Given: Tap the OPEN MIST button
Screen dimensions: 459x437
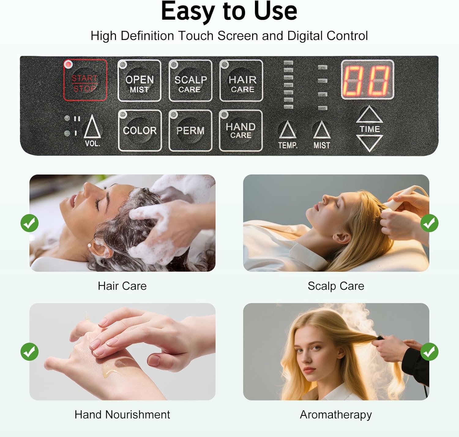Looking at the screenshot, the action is click(139, 81).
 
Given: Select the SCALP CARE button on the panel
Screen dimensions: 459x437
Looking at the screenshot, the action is click(190, 81).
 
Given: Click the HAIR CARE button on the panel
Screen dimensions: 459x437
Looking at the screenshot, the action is click(241, 81).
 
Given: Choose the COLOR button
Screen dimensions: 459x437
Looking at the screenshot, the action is click(140, 131).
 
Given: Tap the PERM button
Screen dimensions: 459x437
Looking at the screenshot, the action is click(190, 131).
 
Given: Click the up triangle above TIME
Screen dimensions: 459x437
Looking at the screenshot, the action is click(369, 114).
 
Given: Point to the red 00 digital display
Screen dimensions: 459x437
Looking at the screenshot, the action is click(368, 79).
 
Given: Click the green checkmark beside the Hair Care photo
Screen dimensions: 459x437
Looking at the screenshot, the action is click(30, 223).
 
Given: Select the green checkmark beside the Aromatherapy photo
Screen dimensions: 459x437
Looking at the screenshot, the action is click(429, 352).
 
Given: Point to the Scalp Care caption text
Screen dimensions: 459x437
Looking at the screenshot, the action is click(336, 286).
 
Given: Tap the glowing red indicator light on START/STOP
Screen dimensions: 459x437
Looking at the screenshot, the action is click(68, 64).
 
